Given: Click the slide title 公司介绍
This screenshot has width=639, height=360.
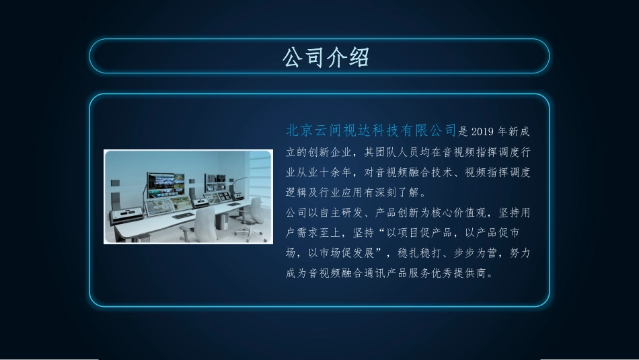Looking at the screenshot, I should pos(326,57).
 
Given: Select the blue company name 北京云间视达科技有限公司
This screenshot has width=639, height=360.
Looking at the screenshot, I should pos(371,130).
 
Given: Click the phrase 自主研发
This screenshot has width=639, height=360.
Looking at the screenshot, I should pos(341,213).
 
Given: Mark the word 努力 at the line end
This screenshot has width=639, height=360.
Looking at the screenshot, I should pos(521,254).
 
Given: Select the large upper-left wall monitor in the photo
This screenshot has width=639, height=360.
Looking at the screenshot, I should pos(165,182).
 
